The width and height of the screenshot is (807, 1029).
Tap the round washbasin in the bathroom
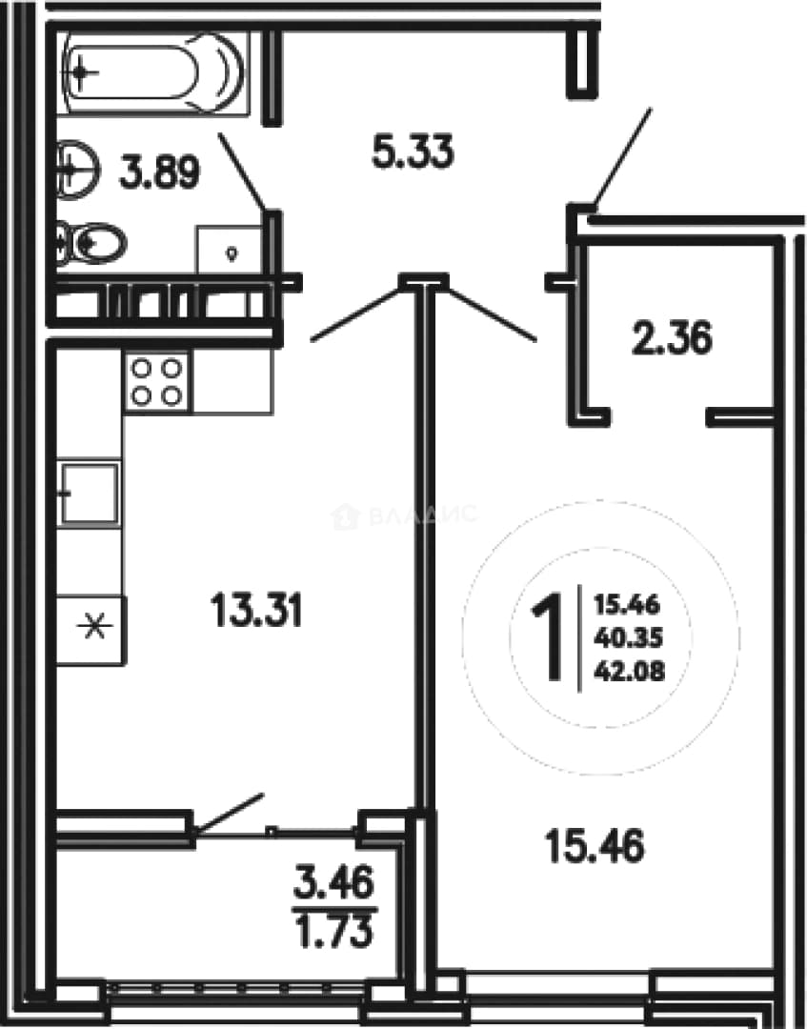click(x=77, y=170)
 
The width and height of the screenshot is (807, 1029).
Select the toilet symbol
click(x=91, y=244)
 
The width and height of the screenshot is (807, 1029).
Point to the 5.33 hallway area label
click(x=413, y=152)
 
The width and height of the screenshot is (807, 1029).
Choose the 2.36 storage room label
click(x=671, y=339)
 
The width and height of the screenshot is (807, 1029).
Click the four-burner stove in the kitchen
click(x=156, y=381)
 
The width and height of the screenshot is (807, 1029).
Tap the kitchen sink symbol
click(x=90, y=493)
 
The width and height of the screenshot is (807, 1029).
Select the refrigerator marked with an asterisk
click(x=91, y=630)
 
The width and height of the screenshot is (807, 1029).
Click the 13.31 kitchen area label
click(x=256, y=610)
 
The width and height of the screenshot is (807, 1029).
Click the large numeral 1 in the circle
click(x=547, y=636)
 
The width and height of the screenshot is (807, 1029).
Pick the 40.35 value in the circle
click(x=629, y=636)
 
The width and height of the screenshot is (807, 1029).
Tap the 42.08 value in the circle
click(x=629, y=670)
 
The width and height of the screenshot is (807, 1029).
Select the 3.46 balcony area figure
click(x=334, y=881)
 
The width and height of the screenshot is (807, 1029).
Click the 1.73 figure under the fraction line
click(x=334, y=931)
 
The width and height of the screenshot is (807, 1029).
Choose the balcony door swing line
click(x=231, y=814)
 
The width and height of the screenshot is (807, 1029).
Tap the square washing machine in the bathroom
click(x=230, y=250)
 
